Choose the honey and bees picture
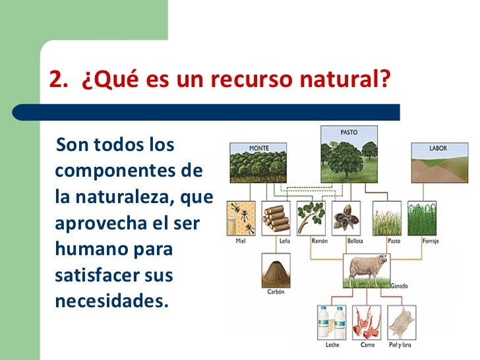coord(241,218)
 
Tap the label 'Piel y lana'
coord(402,344)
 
